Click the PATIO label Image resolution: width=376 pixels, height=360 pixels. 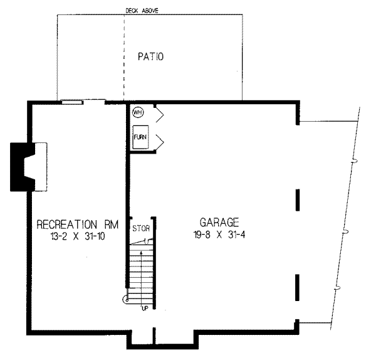pos(150,57)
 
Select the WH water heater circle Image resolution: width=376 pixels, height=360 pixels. pos(138,113)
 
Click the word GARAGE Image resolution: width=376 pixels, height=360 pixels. pos(219,222)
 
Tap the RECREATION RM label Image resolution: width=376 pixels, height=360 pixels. pos(75,224)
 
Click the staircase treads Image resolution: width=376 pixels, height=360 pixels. pos(141,273)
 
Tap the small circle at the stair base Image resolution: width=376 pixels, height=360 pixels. pos(127,300)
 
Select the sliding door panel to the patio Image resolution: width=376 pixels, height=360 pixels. pos(72,101)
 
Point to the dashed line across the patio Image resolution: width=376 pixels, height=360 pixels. pos(124,56)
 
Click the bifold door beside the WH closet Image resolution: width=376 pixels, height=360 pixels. pos(159,114)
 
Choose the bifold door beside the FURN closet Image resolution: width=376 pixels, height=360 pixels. pos(159,139)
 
